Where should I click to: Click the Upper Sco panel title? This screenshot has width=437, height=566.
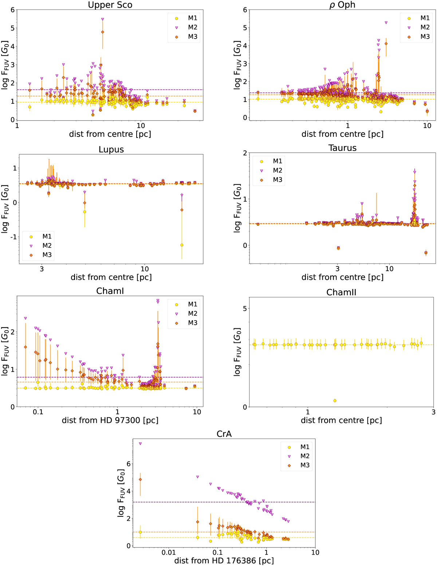tap(110, 5)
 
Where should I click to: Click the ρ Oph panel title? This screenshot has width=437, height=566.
tap(342, 5)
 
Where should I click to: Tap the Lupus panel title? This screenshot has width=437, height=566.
tap(111, 150)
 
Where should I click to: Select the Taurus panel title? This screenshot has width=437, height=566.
tap(342, 148)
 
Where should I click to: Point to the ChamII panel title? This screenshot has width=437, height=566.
tap(341, 292)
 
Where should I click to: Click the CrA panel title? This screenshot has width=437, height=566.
tap(224, 434)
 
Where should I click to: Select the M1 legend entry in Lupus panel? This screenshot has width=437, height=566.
tap(42, 237)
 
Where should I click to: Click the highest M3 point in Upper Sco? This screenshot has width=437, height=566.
tap(103, 32)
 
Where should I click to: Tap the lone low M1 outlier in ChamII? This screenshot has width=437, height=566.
tap(335, 401)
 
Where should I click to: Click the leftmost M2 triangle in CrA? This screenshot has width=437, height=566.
tap(140, 444)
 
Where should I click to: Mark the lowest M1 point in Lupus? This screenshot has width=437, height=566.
tap(182, 245)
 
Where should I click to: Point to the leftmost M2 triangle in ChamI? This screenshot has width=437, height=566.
tap(25, 318)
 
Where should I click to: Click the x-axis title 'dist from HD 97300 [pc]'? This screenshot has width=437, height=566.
tap(110, 420)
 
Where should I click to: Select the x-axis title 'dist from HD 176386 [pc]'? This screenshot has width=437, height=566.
tap(224, 561)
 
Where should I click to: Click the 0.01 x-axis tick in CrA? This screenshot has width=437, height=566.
tap(169, 553)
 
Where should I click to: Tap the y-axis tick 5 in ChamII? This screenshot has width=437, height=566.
tap(244, 309)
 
